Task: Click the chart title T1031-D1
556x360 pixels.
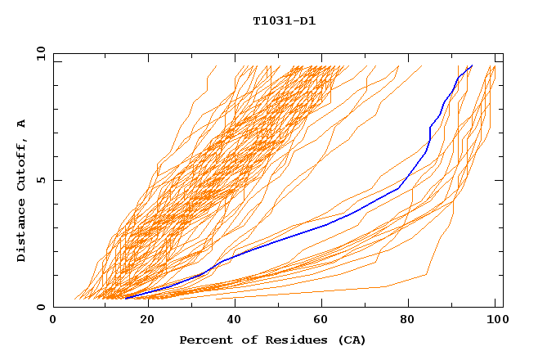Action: pos(284,20)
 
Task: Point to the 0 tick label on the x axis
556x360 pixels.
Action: pos(53,322)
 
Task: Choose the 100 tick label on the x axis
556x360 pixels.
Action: pos(495,322)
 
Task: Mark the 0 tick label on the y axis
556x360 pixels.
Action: pos(41,308)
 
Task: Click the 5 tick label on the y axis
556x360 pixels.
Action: pos(41,180)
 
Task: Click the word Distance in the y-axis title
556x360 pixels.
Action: pos(22,230)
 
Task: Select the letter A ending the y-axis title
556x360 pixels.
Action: pos(22,124)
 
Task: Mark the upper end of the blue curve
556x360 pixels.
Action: pos(472,65)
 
